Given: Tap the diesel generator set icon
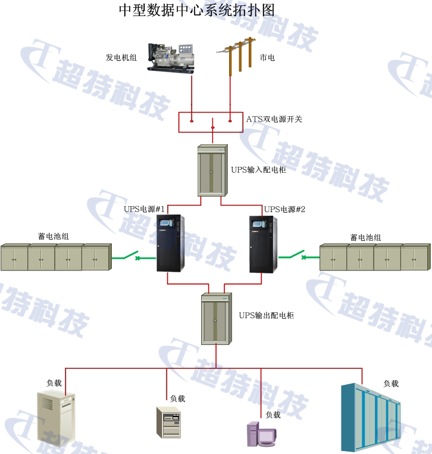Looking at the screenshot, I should point(171,57).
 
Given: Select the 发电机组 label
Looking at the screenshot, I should point(121,58).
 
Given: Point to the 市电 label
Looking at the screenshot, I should point(267,58).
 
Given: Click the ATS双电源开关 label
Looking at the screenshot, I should point(274,119).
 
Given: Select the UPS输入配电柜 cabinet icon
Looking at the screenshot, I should point(212,170).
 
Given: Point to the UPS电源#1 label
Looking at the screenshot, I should point(144,209).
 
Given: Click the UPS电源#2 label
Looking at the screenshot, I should point(284,209).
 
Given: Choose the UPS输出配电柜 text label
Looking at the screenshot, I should point(266,315).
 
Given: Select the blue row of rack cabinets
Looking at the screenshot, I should point(372,417).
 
